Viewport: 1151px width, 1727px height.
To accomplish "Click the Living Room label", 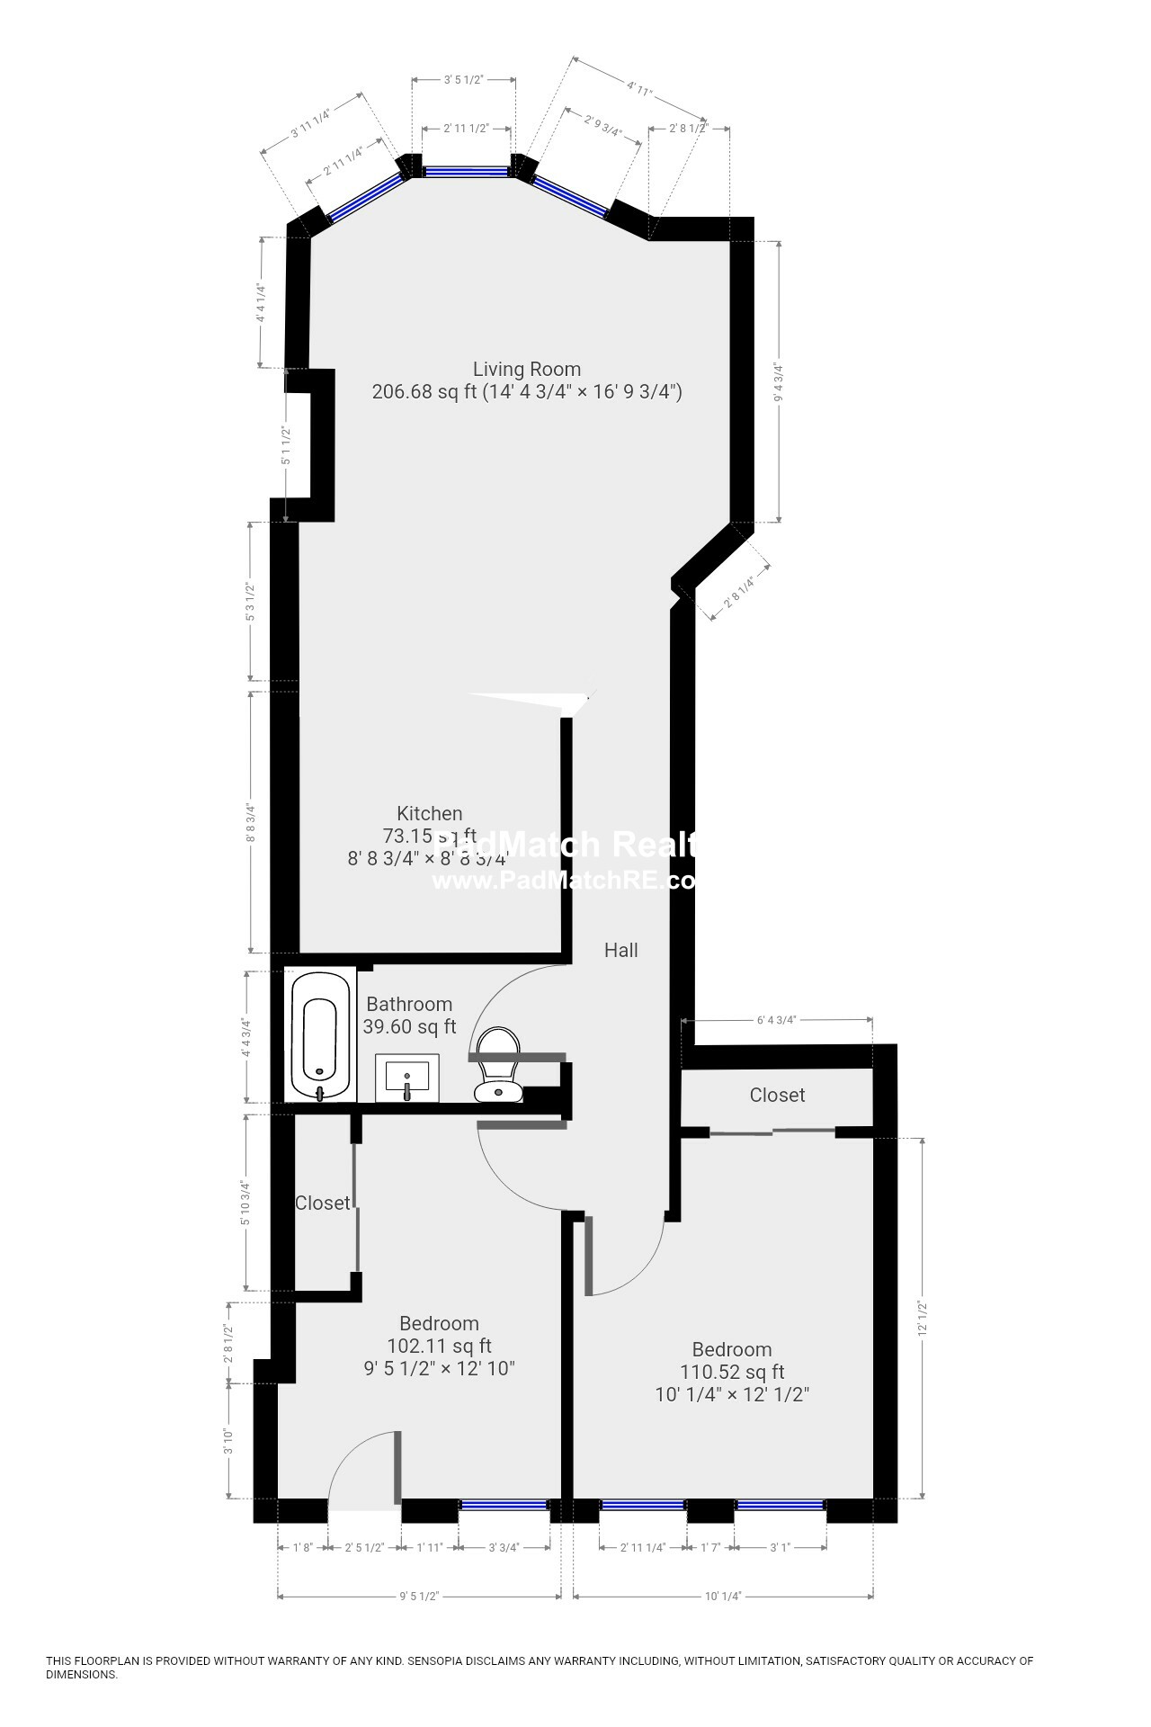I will (x=527, y=369).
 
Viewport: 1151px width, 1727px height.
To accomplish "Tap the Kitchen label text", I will (x=430, y=814).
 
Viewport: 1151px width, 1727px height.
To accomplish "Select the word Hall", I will (x=620, y=950).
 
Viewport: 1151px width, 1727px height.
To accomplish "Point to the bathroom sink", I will (x=406, y=1078).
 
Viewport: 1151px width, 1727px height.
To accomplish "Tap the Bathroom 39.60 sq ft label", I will (x=409, y=1016).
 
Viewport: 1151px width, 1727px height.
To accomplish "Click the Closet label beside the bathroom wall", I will (x=322, y=1203).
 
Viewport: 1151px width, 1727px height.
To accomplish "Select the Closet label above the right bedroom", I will (x=777, y=1095).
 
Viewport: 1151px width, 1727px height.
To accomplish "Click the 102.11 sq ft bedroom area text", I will (x=439, y=1347).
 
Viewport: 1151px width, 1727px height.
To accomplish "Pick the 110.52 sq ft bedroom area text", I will (x=732, y=1372).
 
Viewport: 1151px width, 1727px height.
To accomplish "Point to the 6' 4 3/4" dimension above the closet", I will (x=777, y=1020).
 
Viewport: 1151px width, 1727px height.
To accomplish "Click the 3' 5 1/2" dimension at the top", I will (x=464, y=79).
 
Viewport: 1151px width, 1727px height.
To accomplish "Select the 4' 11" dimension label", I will (x=639, y=88).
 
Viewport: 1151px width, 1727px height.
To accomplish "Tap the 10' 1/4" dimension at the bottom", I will (x=723, y=1597).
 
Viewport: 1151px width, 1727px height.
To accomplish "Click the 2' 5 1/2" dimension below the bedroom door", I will (x=364, y=1547).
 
